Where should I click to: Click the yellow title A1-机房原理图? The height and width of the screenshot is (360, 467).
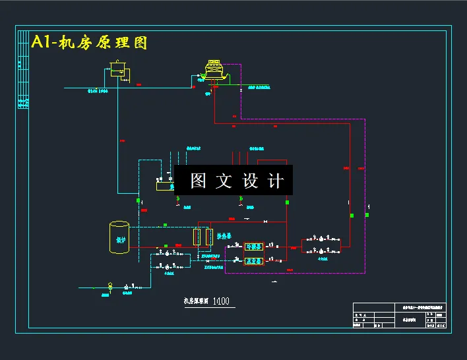click(x=88, y=43)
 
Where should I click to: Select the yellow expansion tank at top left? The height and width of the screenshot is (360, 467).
click(x=118, y=69)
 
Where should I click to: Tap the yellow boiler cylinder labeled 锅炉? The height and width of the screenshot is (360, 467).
click(x=119, y=237)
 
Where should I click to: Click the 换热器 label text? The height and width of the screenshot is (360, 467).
click(x=226, y=235)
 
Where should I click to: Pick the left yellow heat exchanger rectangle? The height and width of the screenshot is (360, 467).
click(x=197, y=236)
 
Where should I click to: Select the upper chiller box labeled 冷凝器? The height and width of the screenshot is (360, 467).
click(x=253, y=247)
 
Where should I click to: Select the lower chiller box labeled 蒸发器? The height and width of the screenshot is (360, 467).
click(x=253, y=261)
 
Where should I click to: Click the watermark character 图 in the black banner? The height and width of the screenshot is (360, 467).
click(x=199, y=181)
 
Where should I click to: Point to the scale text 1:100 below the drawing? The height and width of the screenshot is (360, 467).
click(x=221, y=301)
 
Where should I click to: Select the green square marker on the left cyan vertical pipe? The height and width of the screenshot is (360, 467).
click(x=139, y=200)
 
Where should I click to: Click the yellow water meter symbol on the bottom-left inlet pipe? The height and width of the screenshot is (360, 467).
click(x=110, y=287)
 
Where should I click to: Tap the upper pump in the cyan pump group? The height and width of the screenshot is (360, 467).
click(x=167, y=253)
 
